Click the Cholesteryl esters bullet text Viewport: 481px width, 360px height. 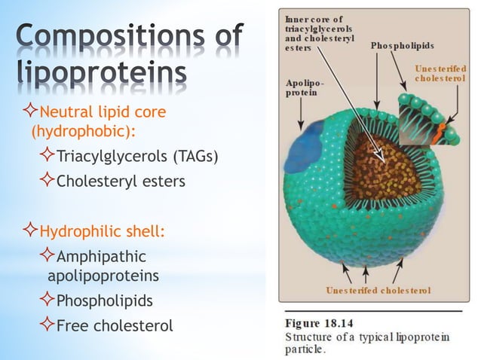(121, 182)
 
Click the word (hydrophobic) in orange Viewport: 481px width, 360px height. (83, 132)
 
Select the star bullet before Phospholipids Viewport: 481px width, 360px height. (48, 301)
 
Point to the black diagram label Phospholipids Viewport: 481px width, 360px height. (402, 46)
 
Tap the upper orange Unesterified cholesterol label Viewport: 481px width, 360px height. (440, 74)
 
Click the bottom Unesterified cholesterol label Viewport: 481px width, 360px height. (378, 290)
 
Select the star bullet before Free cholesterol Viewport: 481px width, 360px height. (48, 325)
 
